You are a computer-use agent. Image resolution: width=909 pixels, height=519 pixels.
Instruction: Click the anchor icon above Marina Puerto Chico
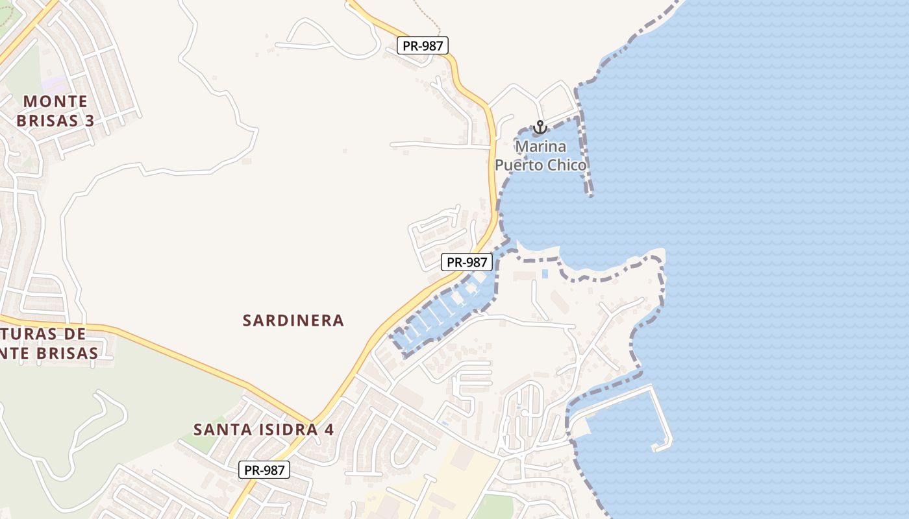coord(540,127)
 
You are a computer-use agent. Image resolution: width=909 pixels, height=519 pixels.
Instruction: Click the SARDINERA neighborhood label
coord(293,320)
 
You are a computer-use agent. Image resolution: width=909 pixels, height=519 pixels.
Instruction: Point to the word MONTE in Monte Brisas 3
coord(56,101)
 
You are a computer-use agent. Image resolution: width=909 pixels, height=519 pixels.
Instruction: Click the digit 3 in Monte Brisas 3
coord(90,121)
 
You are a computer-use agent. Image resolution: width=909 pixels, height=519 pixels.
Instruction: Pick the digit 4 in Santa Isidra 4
coord(329,429)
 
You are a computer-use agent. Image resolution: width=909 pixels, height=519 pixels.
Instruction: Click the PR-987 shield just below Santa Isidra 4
coord(264,470)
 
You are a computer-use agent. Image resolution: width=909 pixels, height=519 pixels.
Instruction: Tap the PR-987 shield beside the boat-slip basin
coord(467,262)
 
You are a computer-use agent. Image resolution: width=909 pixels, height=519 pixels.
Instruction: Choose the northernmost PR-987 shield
coord(423,45)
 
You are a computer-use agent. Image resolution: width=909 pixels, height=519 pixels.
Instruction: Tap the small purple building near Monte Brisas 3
coord(55,84)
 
